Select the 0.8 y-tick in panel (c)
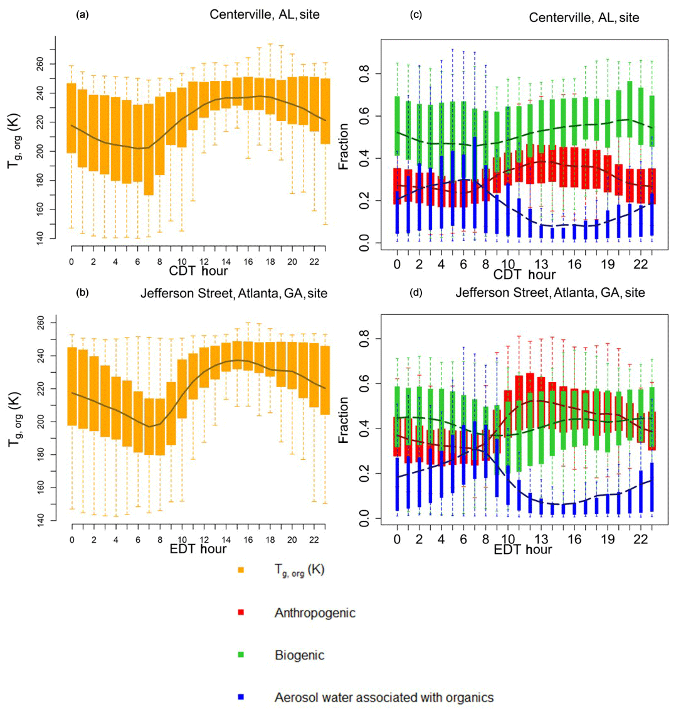point(362,75)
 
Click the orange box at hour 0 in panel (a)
point(71,118)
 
